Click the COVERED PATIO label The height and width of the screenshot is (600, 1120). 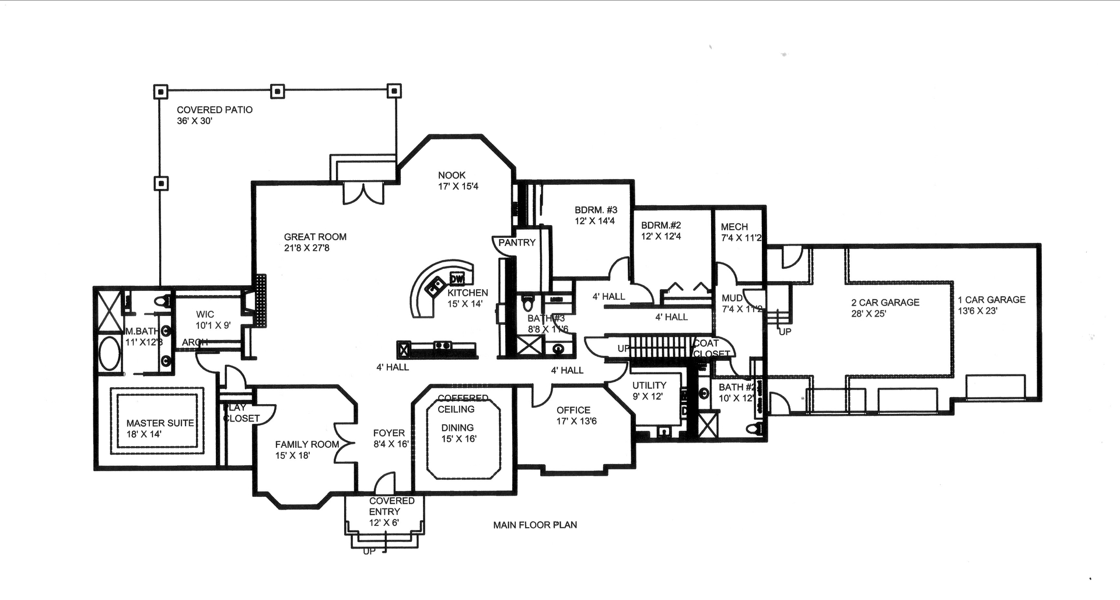click(x=214, y=110)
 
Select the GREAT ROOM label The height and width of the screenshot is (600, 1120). click(x=315, y=237)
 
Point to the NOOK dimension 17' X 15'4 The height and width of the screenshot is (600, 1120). click(x=458, y=187)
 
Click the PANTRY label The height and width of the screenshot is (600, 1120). click(x=517, y=243)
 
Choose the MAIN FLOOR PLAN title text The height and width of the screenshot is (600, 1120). click(x=535, y=525)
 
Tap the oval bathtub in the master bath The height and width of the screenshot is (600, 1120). click(x=108, y=353)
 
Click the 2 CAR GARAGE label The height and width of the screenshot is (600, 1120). click(x=885, y=302)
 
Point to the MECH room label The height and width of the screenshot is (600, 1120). click(x=734, y=227)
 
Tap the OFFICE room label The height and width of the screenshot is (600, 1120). click(x=573, y=410)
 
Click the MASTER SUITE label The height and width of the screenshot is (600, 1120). click(x=160, y=423)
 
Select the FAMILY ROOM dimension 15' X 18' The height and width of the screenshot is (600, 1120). click(x=292, y=455)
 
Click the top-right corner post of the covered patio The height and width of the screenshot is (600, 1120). click(x=394, y=91)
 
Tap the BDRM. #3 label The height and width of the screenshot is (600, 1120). click(x=596, y=210)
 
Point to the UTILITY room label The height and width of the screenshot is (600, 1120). click(x=649, y=385)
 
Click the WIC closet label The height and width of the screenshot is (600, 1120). click(x=205, y=314)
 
